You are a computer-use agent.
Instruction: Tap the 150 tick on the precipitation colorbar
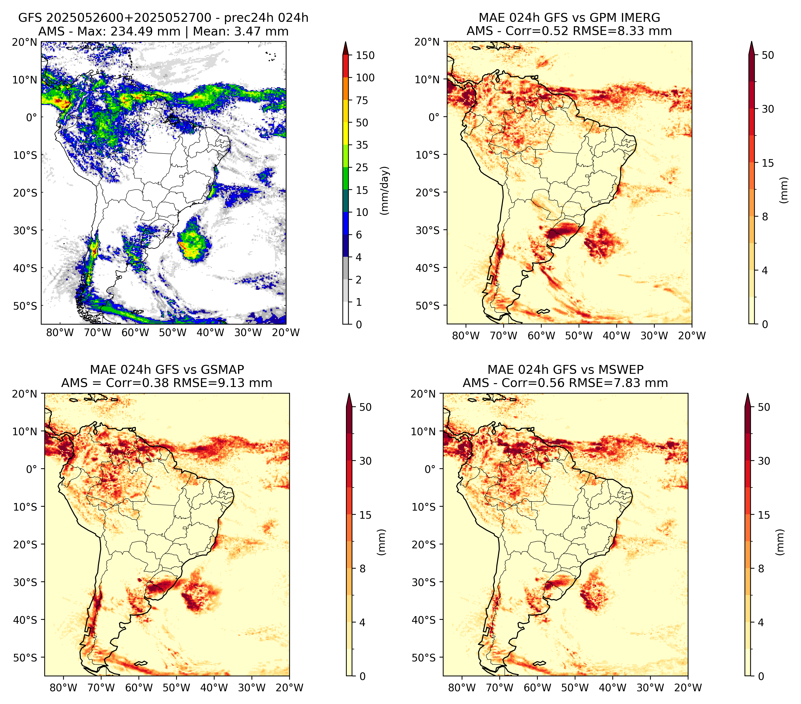click(365, 55)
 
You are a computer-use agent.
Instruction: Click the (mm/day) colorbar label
click(386, 190)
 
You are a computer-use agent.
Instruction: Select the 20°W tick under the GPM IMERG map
click(692, 336)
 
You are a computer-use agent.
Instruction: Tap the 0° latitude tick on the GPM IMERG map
click(434, 117)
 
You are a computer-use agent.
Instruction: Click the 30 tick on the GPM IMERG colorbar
click(768, 109)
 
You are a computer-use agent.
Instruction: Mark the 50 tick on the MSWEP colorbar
click(764, 407)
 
